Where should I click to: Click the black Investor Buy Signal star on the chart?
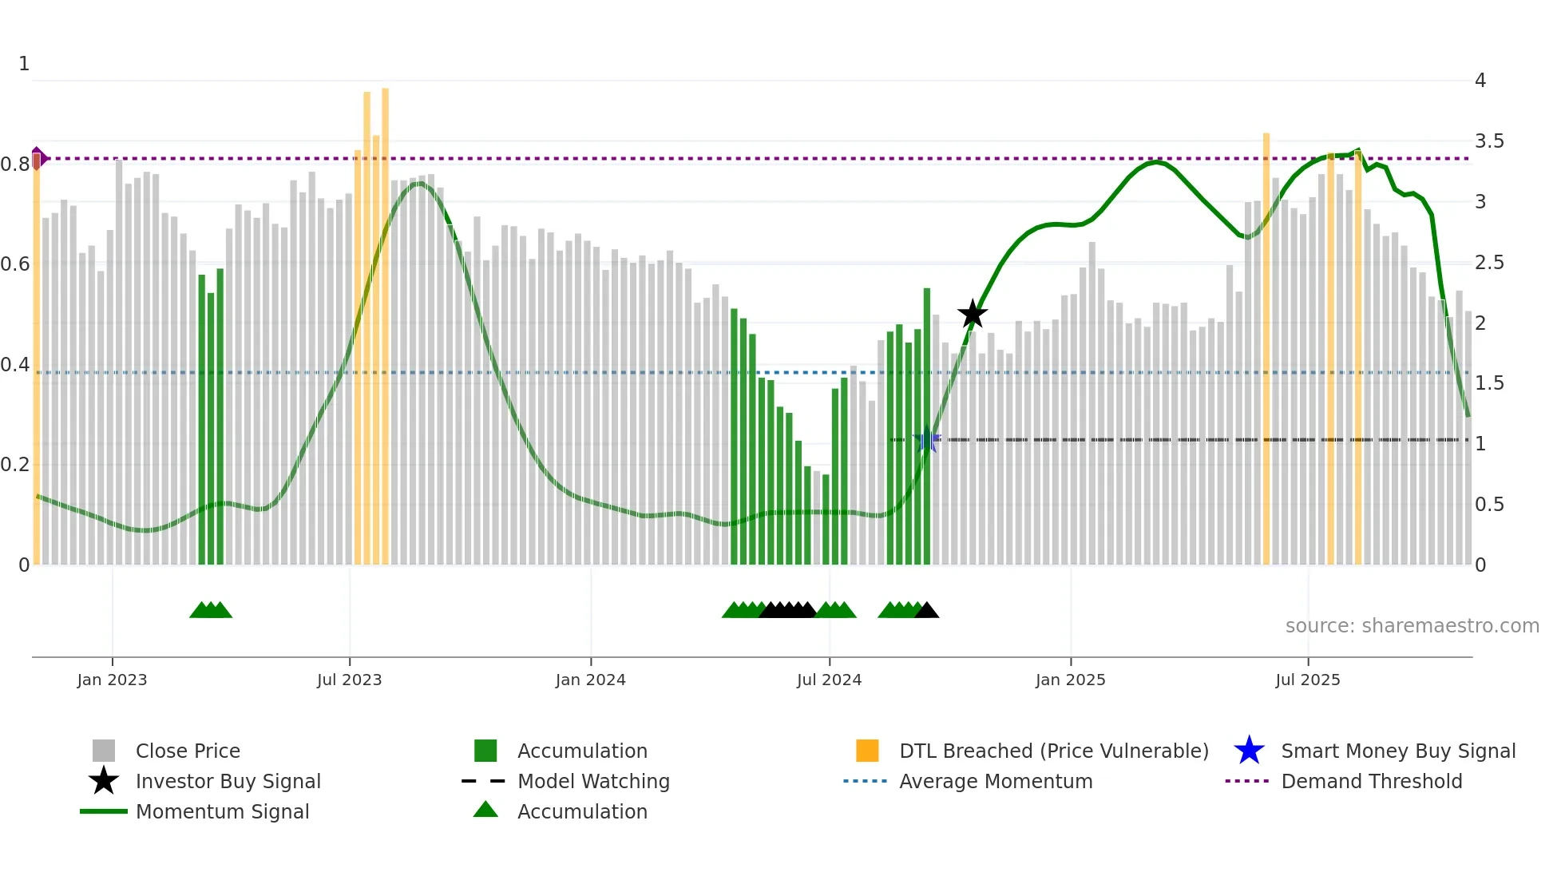973,315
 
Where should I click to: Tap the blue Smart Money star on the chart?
927,440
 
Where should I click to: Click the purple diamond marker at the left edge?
38,158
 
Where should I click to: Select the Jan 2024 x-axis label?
590,680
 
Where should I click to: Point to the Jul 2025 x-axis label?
1307,680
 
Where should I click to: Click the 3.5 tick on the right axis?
1488,141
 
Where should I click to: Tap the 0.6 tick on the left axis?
15,264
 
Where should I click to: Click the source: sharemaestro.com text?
1412,626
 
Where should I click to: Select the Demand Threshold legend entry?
1371,781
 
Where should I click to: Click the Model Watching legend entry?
592,781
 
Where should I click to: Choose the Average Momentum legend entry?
995,781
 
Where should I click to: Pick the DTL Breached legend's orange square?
867,751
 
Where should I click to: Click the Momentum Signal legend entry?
222,811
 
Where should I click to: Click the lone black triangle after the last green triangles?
926,611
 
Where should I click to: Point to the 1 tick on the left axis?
24,64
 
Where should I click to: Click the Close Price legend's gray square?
104,751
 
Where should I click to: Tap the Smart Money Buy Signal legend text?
1397,751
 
